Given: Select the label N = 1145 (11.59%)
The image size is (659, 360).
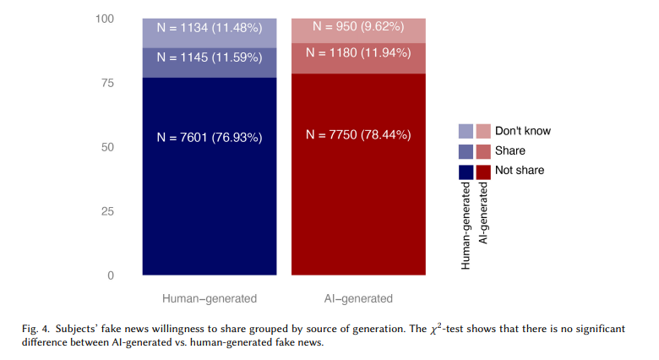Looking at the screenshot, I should point(210,61).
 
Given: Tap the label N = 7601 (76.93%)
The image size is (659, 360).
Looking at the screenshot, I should point(210,137).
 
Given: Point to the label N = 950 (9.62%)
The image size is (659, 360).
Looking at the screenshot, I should point(359,26).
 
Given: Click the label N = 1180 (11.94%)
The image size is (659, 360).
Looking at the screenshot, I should point(359,52).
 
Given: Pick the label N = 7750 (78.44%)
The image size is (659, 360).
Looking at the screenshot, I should point(359,134).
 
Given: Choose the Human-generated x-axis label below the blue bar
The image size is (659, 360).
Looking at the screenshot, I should point(210,298).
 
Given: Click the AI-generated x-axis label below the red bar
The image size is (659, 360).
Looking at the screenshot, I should point(359,298).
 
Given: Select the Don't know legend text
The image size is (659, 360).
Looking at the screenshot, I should point(522,131).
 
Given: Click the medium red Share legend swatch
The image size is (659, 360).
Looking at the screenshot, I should point(483,151).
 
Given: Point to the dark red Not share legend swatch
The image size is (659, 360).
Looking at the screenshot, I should point(483,171).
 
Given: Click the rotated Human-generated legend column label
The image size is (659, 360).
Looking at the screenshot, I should point(466,225).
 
